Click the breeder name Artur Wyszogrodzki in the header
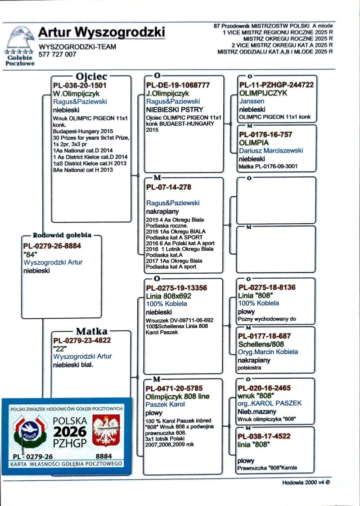tap(101, 32)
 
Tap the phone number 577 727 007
tap(58, 54)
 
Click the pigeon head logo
tap(20, 38)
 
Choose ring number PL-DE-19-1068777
tap(178, 85)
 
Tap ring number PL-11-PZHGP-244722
tap(276, 85)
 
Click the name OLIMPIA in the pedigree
tap(254, 142)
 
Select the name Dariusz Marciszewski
tap(271, 150)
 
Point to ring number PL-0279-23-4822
tap(82, 340)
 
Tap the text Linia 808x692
tap(169, 296)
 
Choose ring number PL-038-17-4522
tap(264, 436)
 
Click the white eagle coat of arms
tap(106, 431)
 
